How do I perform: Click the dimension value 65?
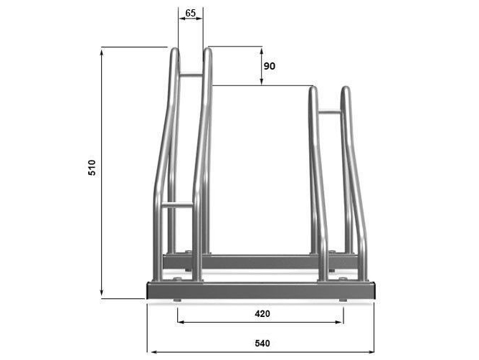point(190,13)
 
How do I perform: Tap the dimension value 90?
point(269,66)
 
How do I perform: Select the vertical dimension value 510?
point(92,168)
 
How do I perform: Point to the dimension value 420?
point(262,313)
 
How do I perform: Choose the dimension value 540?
point(262,344)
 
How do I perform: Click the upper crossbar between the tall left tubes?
point(191,75)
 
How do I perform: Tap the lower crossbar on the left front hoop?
point(177,204)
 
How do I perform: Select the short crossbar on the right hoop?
point(330,112)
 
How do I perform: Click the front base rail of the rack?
point(261,290)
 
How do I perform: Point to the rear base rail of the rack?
point(260,262)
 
